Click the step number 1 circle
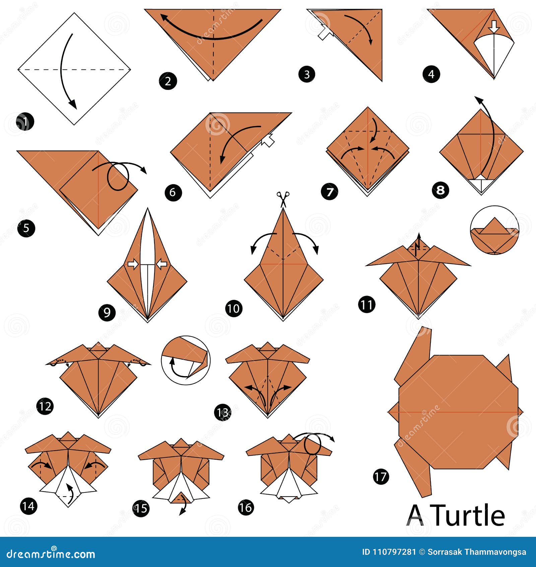tap(25, 122)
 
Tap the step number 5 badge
tap(26, 228)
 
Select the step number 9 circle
tap(107, 313)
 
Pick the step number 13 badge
tap(223, 412)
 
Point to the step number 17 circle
tap(381, 476)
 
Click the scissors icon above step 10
tap(283, 199)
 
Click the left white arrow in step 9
tap(133, 264)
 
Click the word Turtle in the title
tap(469, 515)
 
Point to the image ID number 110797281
tap(394, 552)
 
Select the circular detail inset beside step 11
tap(494, 230)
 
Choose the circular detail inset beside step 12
tap(186, 360)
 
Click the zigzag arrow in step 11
tap(418, 244)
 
